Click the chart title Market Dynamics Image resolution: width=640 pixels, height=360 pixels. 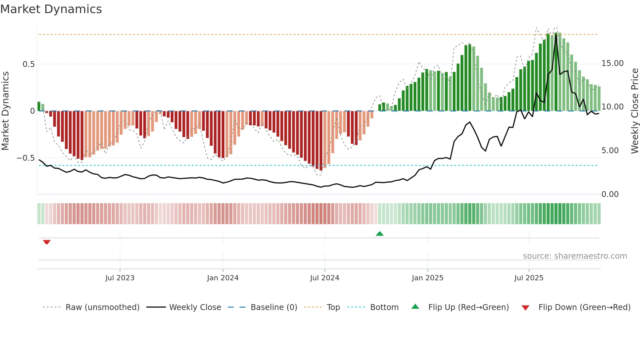(51, 9)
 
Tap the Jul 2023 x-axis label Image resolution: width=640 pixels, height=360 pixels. (120, 278)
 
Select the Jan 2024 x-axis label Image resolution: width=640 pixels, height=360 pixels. (223, 278)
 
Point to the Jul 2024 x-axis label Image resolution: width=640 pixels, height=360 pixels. (325, 278)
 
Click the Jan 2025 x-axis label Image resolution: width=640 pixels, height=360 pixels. (427, 278)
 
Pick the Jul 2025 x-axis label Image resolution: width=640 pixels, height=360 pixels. (529, 278)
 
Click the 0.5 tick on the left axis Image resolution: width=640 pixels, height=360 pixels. (29, 64)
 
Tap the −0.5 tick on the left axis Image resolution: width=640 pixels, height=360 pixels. (26, 158)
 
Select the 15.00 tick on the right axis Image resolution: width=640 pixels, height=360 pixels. (613, 63)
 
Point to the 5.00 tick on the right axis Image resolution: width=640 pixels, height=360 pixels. (610, 151)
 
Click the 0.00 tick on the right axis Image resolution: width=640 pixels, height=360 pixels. (610, 194)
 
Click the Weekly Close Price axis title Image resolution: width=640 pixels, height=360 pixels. (634, 111)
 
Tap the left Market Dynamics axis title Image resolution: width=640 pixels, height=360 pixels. (5, 111)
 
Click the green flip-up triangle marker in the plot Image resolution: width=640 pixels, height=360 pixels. (379, 234)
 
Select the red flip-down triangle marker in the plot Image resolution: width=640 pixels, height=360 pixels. (47, 242)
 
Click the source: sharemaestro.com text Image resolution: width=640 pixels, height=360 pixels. (575, 256)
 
